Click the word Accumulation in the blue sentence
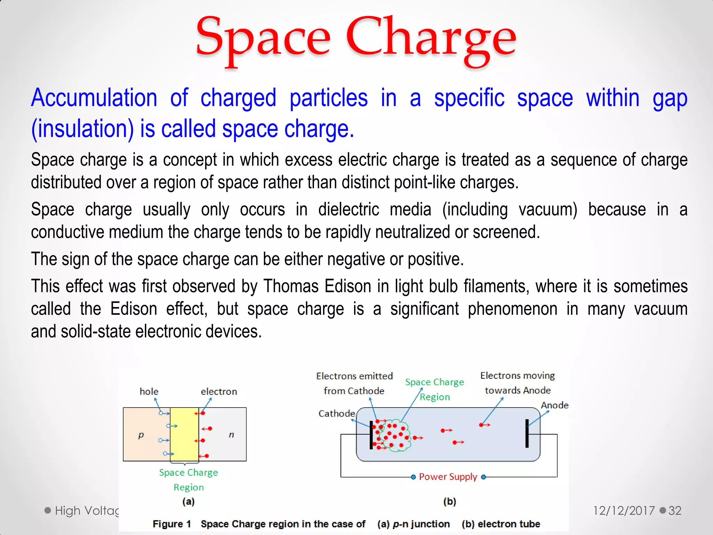(94, 98)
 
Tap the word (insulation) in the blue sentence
(83, 129)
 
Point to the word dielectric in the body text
(348, 210)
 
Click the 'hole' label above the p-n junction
(149, 391)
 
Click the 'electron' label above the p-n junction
(219, 391)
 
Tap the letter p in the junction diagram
(141, 435)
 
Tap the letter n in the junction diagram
(231, 435)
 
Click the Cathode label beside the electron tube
(336, 413)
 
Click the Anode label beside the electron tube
(554, 405)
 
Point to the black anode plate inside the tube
(527, 433)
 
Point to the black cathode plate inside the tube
(371, 435)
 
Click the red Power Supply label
(448, 476)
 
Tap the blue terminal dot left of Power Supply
(413, 477)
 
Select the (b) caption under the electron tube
(449, 501)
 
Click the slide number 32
(675, 511)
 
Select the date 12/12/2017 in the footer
(624, 511)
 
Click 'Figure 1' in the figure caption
(172, 524)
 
